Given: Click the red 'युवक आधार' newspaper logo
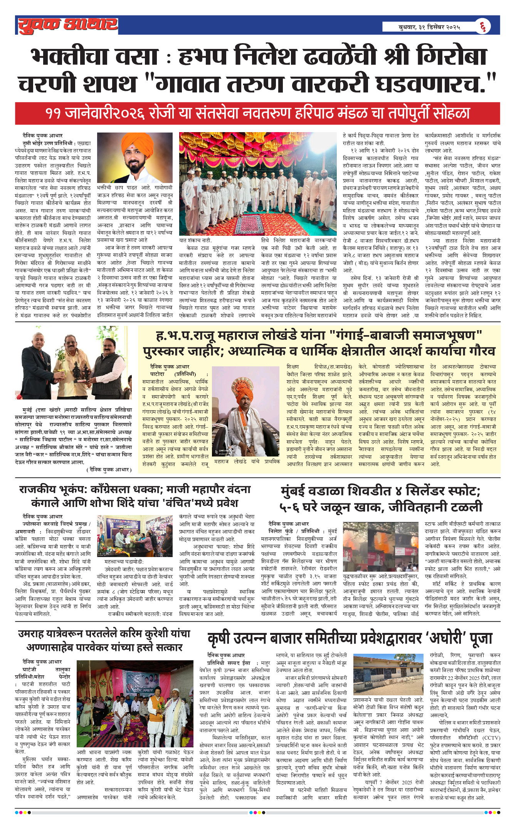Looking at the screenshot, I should coord(68,25).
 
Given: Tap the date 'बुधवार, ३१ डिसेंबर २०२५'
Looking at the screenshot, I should coord(429,27).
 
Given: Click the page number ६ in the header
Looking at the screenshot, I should coord(483,27).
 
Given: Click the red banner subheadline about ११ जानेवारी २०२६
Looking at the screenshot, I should coord(257,113).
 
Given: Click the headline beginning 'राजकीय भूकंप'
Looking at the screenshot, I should coord(135,496).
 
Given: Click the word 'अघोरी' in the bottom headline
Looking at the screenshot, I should coord(446,638).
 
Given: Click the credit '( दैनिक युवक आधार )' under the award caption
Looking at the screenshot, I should coord(109,469).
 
